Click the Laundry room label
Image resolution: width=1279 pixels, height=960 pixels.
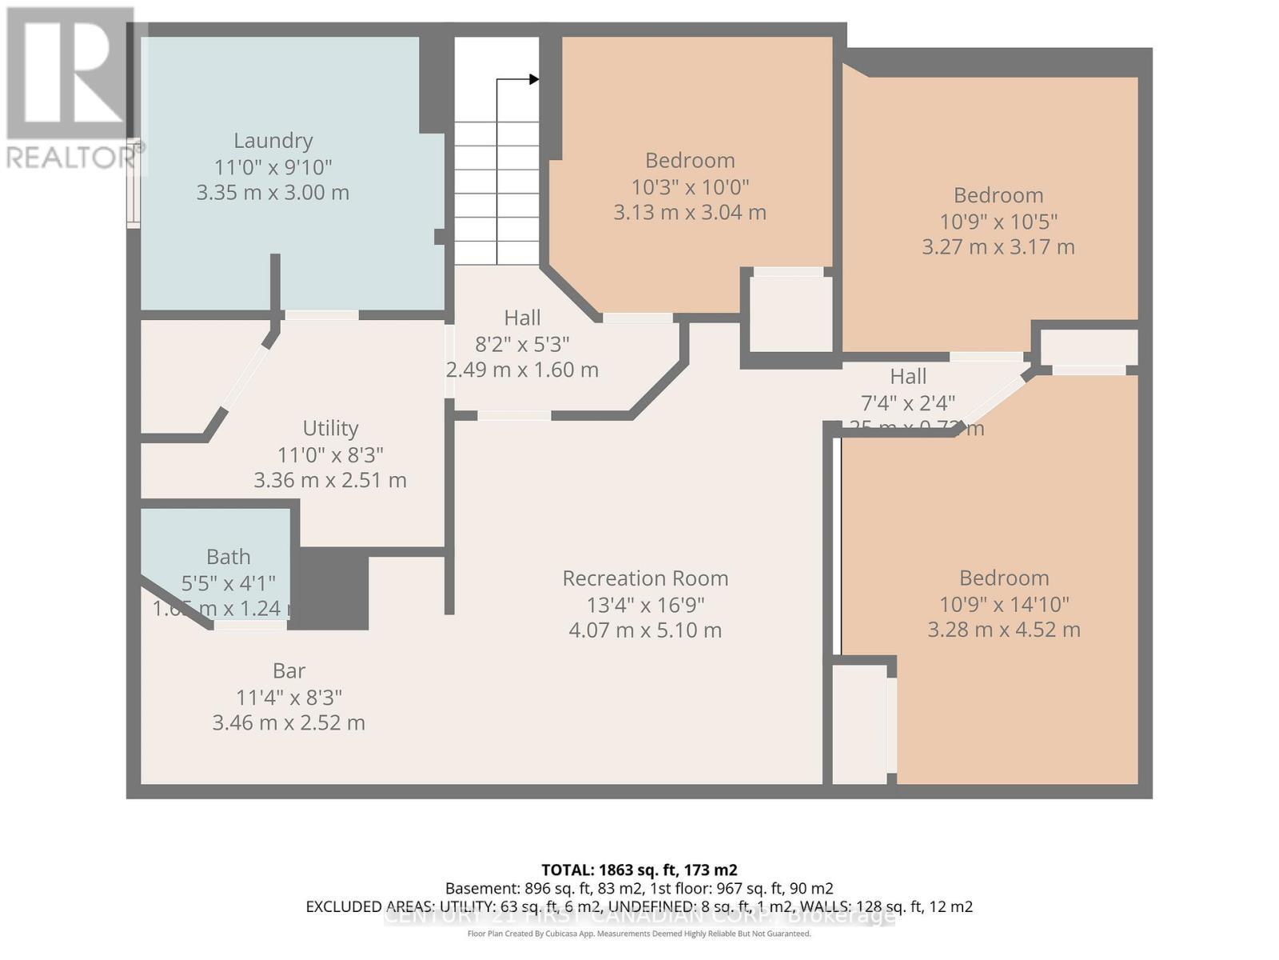tap(273, 141)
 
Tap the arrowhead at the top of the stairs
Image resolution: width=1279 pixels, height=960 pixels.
tap(534, 79)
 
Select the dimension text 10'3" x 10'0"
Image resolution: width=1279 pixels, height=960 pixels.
tap(690, 187)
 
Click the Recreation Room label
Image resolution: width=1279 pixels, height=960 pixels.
tap(645, 578)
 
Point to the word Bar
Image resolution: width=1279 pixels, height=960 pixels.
tap(289, 671)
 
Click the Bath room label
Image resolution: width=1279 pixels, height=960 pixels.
tap(228, 557)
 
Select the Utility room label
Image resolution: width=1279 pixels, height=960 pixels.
tap(330, 429)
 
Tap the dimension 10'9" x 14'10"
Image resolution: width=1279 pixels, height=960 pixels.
tap(1004, 604)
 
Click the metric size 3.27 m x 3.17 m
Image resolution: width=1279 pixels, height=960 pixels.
tap(998, 246)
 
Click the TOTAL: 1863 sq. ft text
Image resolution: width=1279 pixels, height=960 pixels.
tap(639, 870)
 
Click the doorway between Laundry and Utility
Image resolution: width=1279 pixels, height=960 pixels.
tap(321, 315)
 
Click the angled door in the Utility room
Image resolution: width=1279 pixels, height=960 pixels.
tap(245, 377)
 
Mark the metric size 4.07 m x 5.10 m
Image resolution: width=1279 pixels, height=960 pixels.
tap(645, 630)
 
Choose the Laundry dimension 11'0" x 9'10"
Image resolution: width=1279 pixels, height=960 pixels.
tap(273, 167)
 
